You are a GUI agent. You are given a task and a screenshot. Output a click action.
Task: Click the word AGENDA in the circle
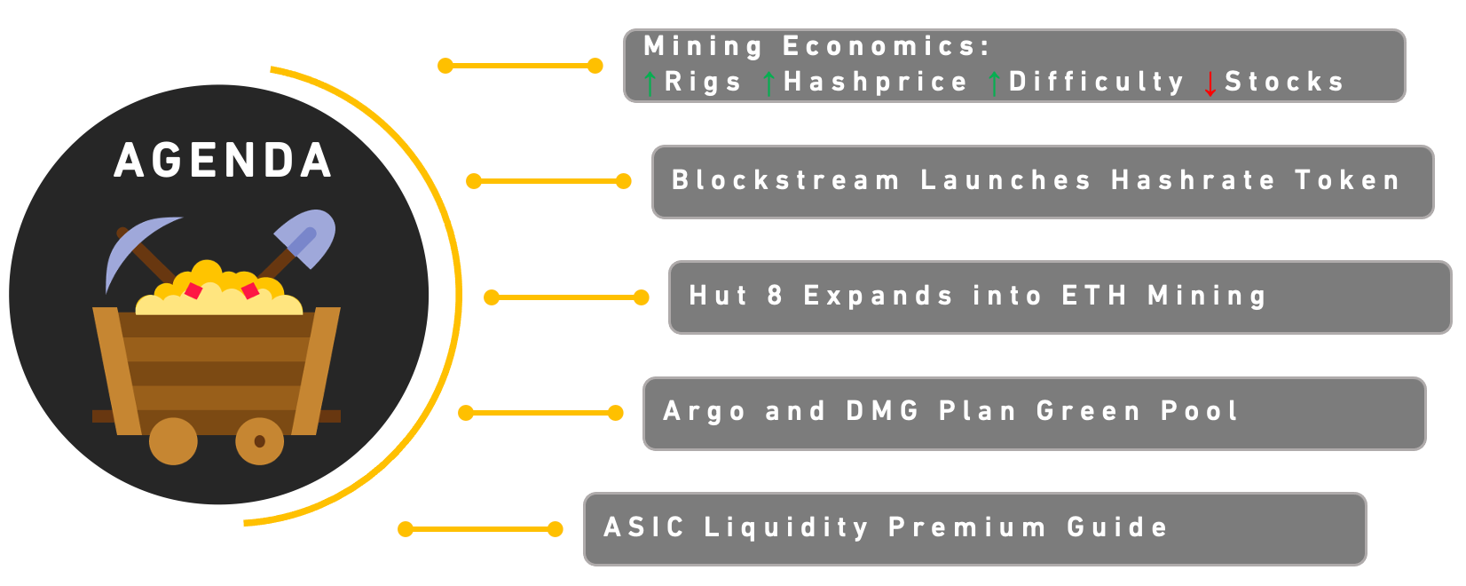point(223,161)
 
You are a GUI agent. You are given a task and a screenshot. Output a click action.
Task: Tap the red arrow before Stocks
point(1210,83)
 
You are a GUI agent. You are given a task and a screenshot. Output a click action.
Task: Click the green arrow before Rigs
point(650,83)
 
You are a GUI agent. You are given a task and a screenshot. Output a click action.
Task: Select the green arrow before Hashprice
point(769,83)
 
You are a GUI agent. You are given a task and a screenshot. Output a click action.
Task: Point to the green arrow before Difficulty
point(994,83)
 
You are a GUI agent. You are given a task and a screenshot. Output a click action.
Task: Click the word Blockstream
point(785,180)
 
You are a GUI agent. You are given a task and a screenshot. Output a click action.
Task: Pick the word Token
point(1347,180)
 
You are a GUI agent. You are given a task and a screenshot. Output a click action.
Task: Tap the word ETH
point(1094,296)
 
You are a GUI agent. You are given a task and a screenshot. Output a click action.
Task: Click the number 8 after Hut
point(775,296)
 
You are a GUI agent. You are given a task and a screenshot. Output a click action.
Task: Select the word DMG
point(882,411)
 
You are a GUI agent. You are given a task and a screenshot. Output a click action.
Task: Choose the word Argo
point(705,412)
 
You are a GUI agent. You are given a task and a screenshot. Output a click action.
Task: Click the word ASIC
point(644,527)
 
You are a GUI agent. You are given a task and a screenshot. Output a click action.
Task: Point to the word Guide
point(1117,527)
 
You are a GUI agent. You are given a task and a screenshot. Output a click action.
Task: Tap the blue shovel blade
point(305,238)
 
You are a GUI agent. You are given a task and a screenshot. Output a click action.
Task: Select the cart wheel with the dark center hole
point(260,441)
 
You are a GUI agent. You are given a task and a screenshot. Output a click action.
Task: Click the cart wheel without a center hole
point(173,441)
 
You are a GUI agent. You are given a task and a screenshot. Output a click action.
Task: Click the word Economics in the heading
point(887,46)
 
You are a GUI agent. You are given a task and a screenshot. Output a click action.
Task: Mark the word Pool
point(1199,411)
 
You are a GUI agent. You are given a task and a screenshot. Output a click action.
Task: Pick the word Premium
point(966,527)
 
